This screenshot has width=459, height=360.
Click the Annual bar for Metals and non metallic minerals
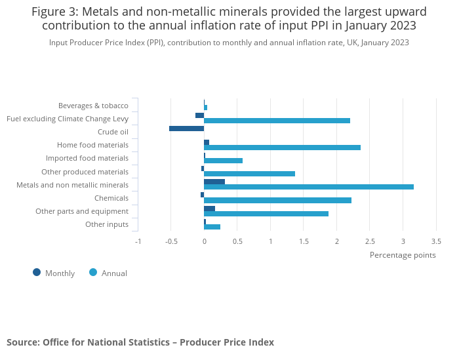point(308,187)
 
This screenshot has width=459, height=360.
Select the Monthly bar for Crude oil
point(186,129)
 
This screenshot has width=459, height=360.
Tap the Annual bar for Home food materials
point(282,148)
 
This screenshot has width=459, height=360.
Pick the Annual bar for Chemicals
point(277,200)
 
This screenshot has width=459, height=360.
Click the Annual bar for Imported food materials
point(223,161)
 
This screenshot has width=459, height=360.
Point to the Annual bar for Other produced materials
point(249,174)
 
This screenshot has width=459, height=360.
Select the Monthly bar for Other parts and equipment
point(209,209)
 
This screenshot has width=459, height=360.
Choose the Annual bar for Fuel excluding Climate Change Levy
point(277,121)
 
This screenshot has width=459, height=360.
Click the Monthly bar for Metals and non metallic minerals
point(214,182)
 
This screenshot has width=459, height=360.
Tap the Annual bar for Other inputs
point(212,227)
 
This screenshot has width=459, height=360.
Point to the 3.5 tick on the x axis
point(436,241)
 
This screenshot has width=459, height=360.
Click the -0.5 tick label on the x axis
point(170,241)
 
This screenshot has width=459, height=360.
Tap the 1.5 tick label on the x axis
point(304,241)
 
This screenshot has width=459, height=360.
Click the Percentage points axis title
point(403,255)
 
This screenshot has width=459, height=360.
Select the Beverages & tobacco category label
point(93,106)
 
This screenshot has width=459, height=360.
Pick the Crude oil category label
point(113,132)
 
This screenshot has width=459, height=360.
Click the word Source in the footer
point(22,342)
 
